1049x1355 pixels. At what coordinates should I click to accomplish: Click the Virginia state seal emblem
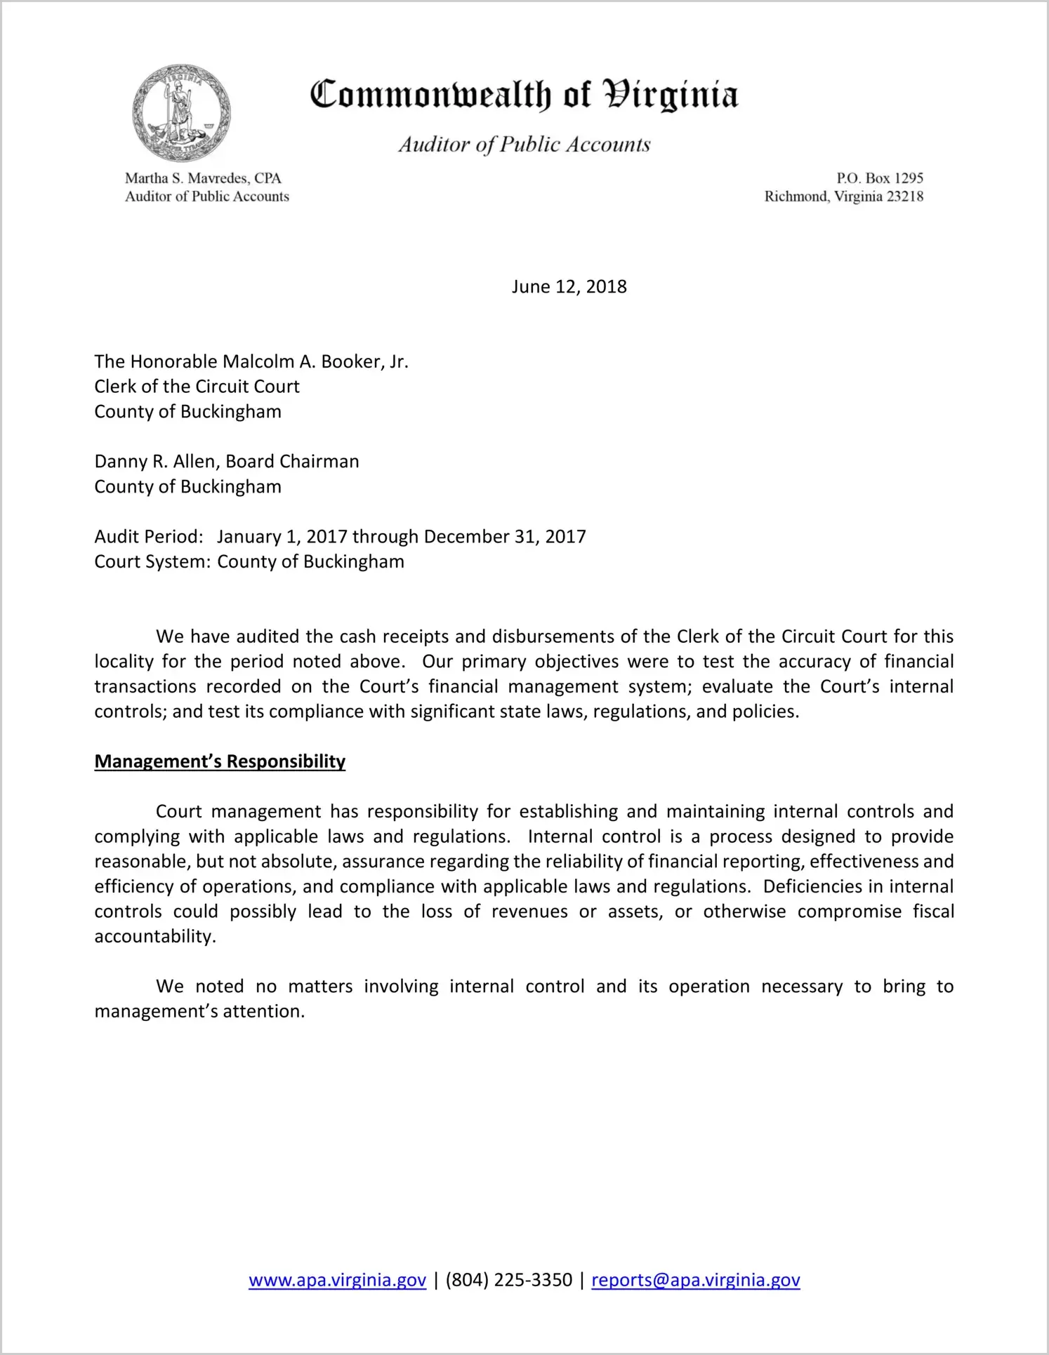[x=181, y=112]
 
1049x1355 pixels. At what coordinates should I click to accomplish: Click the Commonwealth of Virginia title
[x=524, y=95]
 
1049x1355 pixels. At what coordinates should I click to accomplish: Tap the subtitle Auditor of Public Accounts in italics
[x=524, y=145]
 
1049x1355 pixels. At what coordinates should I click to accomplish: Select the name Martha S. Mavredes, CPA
[x=203, y=178]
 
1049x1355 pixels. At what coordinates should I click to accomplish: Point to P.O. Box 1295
[x=879, y=178]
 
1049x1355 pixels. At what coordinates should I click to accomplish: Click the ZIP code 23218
[x=904, y=196]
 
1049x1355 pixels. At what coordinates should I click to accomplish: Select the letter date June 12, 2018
[x=569, y=286]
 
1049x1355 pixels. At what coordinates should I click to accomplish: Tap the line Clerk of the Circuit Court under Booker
[x=197, y=387]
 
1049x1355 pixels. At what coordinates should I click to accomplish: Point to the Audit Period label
[x=149, y=537]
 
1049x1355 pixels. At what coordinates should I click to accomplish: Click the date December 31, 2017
[x=505, y=537]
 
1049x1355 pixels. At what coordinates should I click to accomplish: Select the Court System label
[x=152, y=562]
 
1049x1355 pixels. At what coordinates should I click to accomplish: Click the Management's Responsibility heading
[x=220, y=761]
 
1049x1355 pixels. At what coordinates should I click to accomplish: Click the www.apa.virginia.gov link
[x=337, y=1280]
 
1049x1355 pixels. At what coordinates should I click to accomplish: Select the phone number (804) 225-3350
[x=508, y=1280]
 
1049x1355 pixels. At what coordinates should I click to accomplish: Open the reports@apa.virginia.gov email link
[x=695, y=1280]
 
